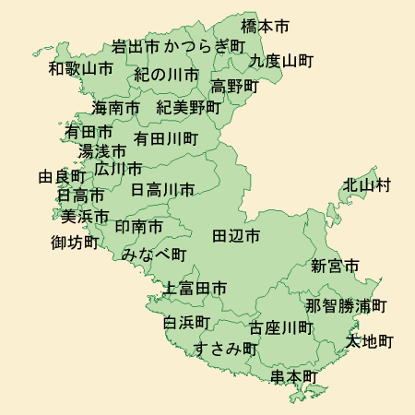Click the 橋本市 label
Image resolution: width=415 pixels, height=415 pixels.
265,26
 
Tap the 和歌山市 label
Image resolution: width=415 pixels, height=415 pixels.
81,68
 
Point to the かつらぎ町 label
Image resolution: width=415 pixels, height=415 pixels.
206,45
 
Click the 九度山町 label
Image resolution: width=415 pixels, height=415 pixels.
281,61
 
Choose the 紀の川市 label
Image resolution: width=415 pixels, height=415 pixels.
166,74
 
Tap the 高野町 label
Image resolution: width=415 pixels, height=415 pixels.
234,86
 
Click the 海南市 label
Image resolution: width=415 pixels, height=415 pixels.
116,108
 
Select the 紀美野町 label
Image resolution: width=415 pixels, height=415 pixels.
189,107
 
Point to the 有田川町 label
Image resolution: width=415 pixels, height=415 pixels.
166,138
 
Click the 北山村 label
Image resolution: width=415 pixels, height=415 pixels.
367,185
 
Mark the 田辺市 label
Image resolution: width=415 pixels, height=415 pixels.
236,236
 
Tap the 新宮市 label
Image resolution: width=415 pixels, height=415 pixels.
334,267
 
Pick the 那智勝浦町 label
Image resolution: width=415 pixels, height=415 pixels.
346,305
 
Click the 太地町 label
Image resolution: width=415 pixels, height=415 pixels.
369,341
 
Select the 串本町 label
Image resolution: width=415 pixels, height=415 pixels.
294,377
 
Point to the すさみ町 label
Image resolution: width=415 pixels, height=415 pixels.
225,348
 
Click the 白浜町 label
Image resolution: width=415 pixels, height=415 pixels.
187,323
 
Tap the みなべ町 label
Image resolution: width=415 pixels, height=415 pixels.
154,254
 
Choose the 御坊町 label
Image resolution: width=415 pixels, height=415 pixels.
75,243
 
